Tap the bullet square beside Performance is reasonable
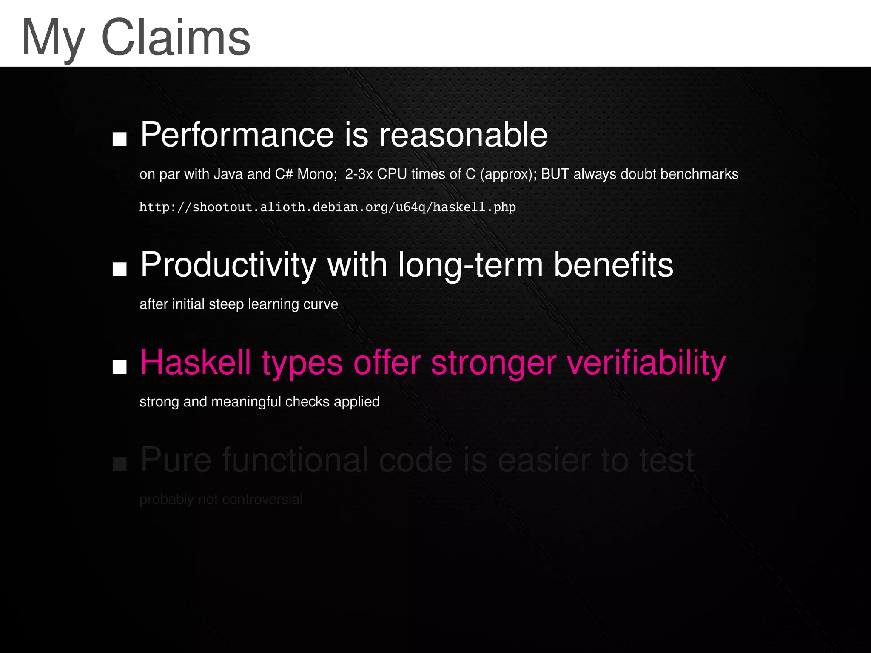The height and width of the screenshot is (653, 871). pyautogui.click(x=120, y=139)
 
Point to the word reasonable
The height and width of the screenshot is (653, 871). pyautogui.click(x=463, y=135)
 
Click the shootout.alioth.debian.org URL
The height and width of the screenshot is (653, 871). pyautogui.click(x=327, y=207)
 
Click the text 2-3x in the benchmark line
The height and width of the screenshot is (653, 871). pyautogui.click(x=359, y=174)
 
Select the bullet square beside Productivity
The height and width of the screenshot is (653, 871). pyautogui.click(x=120, y=269)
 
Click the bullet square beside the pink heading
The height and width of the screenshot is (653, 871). pyautogui.click(x=120, y=366)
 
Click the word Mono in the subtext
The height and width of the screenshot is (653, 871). pyautogui.click(x=315, y=174)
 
